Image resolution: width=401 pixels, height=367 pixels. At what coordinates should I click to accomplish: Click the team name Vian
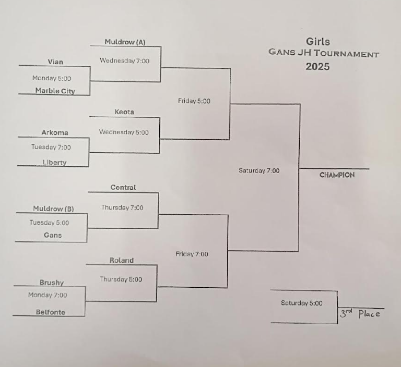[55, 62]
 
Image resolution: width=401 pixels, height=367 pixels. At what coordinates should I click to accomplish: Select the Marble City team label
[55, 91]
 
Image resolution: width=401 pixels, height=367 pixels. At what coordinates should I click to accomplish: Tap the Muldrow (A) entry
[125, 42]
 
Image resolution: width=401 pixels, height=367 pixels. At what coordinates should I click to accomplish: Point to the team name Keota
[124, 112]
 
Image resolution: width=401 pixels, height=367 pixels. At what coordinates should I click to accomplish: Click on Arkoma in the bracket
[55, 132]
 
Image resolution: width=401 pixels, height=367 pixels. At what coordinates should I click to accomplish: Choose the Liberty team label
[54, 162]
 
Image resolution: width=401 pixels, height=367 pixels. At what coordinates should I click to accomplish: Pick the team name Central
[123, 187]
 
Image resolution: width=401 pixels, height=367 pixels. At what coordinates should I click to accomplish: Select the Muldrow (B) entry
[53, 209]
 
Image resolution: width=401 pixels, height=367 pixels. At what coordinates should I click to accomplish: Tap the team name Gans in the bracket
[53, 235]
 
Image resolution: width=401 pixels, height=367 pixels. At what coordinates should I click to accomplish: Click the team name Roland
[122, 260]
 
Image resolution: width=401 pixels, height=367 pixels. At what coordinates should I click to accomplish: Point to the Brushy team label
[52, 283]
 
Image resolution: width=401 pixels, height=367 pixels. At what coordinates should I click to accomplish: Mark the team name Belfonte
[51, 312]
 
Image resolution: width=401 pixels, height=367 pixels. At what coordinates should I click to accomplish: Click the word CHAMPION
[337, 175]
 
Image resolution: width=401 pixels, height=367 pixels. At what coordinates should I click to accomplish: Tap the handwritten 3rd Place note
[360, 314]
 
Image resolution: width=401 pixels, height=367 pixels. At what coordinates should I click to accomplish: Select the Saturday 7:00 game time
[259, 170]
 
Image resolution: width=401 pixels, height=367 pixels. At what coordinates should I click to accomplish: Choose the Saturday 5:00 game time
[302, 303]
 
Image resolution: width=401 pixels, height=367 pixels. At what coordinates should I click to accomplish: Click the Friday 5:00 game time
[194, 101]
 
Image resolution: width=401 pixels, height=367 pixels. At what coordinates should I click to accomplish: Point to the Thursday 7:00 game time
[122, 207]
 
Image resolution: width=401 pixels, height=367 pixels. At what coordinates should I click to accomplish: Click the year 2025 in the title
[317, 67]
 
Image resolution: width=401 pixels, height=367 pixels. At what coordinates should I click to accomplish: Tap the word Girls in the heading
[318, 42]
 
